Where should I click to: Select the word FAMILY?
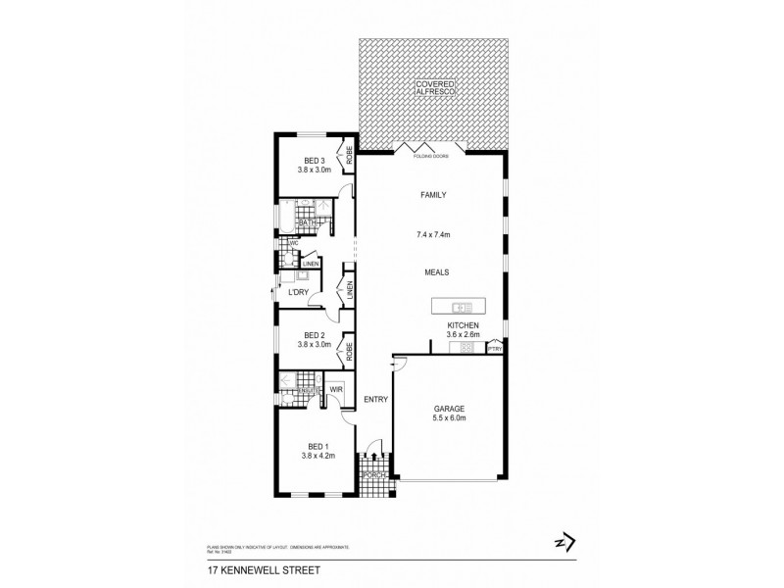(x=433, y=195)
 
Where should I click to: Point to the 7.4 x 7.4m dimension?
(x=432, y=235)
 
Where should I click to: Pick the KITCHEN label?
(x=462, y=323)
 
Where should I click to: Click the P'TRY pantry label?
(x=495, y=348)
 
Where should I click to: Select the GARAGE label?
(x=449, y=409)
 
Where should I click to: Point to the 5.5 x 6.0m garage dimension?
(x=449, y=419)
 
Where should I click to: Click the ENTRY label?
(x=375, y=399)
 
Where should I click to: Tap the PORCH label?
(x=373, y=475)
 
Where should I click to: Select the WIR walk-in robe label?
(x=335, y=389)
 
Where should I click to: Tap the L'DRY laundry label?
(x=299, y=293)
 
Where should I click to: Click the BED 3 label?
(x=314, y=161)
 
